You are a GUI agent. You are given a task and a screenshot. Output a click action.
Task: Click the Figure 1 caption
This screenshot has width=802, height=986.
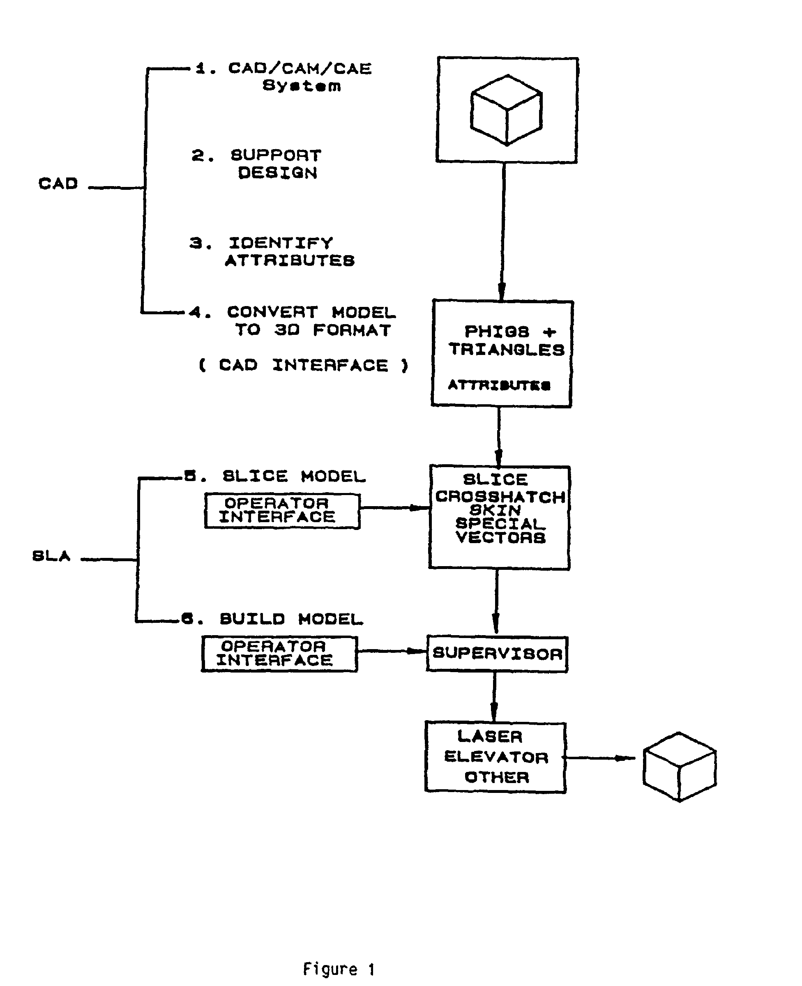[x=339, y=968]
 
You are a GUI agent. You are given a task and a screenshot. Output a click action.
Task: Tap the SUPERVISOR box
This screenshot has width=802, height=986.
[x=497, y=654]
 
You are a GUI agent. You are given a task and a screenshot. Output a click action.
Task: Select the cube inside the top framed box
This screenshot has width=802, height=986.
[x=506, y=110]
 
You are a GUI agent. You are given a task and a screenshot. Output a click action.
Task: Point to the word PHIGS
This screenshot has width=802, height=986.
[x=497, y=332]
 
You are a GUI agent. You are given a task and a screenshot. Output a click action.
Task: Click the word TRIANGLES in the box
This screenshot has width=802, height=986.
[x=506, y=350]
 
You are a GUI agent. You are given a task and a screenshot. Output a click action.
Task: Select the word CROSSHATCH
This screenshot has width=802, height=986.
[x=500, y=497]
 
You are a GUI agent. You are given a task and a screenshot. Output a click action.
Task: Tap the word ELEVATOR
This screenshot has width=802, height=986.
[x=496, y=757]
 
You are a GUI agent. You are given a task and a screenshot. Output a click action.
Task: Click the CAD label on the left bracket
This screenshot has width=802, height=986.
[x=58, y=184]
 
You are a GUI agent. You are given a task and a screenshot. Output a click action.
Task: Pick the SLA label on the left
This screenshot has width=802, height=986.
[x=51, y=555]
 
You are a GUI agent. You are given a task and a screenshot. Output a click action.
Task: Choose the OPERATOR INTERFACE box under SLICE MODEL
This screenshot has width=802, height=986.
[x=282, y=510]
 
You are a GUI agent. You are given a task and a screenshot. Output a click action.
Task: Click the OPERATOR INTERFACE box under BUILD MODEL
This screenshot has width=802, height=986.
[x=279, y=654]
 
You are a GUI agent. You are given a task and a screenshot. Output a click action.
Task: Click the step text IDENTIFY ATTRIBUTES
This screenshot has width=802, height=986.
[x=289, y=252]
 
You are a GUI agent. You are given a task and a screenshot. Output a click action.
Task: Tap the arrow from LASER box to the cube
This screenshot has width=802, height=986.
[x=601, y=758]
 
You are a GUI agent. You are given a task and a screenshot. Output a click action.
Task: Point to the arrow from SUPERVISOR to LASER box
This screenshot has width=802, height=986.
[x=494, y=697]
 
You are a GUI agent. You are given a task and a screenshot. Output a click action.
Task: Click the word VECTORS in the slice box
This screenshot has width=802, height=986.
[x=500, y=537]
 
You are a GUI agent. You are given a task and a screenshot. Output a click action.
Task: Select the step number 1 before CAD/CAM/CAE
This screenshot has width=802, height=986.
[x=200, y=68]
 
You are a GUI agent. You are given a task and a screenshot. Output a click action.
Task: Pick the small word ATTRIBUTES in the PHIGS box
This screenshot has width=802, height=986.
[x=499, y=385]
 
